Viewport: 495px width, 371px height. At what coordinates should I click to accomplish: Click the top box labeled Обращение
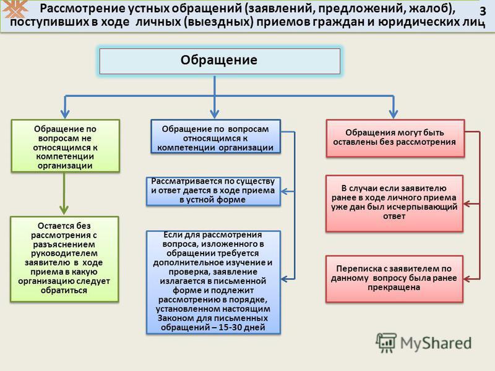pyautogui.click(x=220, y=61)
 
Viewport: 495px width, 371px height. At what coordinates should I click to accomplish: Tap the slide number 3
pyautogui.click(x=483, y=11)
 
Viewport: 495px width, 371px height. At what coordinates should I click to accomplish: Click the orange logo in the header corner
pyautogui.click(x=14, y=9)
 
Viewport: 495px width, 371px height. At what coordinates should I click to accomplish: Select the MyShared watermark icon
pyautogui.click(x=385, y=343)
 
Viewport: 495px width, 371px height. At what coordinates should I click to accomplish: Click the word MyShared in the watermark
pyautogui.click(x=436, y=343)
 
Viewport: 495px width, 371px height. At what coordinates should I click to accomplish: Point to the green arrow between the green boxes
pyautogui.click(x=64, y=193)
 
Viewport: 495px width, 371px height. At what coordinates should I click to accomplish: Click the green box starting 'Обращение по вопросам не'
pyautogui.click(x=66, y=146)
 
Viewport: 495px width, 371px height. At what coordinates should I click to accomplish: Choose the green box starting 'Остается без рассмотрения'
pyautogui.click(x=64, y=259)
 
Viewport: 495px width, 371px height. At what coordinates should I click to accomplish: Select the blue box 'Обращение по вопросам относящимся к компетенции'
pyautogui.click(x=215, y=137)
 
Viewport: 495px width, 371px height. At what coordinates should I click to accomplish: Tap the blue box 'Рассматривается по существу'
pyautogui.click(x=213, y=191)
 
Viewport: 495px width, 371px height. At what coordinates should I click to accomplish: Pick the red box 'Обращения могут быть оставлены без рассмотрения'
pyautogui.click(x=395, y=138)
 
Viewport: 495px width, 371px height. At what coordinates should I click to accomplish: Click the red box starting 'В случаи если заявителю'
pyautogui.click(x=395, y=203)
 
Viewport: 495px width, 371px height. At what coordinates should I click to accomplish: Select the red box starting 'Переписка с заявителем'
pyautogui.click(x=395, y=279)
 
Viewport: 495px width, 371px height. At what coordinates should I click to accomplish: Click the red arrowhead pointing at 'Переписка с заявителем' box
pyautogui.click(x=468, y=279)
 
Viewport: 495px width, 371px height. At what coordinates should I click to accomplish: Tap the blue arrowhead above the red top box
pyautogui.click(x=394, y=114)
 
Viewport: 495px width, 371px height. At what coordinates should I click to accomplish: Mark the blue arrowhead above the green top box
pyautogui.click(x=65, y=114)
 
